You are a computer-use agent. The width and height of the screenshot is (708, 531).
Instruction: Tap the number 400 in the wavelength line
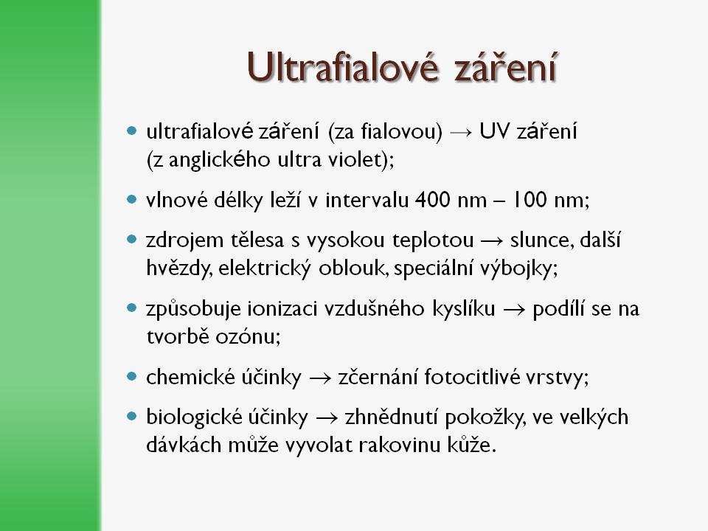tap(433, 200)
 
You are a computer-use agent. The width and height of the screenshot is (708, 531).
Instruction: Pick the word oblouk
tap(353, 268)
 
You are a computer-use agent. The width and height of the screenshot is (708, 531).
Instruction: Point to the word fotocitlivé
tap(472, 377)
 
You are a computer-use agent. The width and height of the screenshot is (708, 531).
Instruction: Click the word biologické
tap(192, 417)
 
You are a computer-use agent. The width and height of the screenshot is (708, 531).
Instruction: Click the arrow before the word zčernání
tap(320, 378)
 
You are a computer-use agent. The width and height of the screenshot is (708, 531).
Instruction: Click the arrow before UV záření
tap(461, 132)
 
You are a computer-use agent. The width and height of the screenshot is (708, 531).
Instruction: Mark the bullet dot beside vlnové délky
tap(132, 199)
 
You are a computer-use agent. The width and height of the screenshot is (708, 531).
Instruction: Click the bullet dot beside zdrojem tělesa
tap(132, 239)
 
